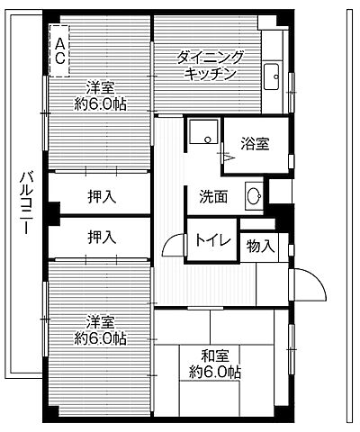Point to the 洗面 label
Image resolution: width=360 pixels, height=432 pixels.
pyautogui.click(x=213, y=195)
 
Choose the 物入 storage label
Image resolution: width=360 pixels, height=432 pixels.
pyautogui.click(x=261, y=246)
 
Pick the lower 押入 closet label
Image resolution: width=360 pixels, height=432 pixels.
pyautogui.click(x=102, y=238)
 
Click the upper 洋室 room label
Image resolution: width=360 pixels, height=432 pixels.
pyautogui.click(x=100, y=88)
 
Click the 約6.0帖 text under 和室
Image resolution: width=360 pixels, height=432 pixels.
pyautogui.click(x=215, y=371)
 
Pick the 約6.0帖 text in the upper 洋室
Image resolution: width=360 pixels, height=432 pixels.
pyautogui.click(x=100, y=103)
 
